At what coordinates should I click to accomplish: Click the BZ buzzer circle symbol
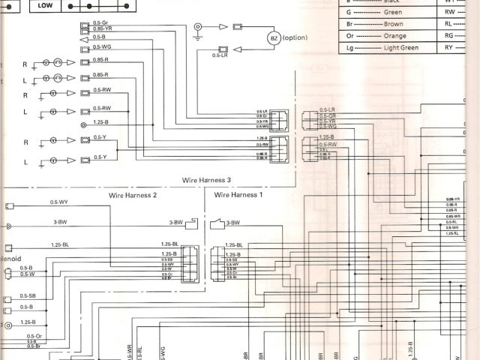click(272, 38)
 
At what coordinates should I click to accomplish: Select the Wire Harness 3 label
click(207, 180)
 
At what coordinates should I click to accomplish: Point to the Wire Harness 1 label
click(238, 194)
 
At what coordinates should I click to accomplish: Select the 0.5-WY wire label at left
click(59, 202)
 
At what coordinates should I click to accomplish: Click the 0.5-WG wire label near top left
click(102, 46)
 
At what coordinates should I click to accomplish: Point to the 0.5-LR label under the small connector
click(220, 55)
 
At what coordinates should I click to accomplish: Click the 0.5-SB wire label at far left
click(28, 295)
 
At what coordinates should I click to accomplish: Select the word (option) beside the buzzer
click(295, 37)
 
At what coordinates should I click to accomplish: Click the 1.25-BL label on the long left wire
click(60, 244)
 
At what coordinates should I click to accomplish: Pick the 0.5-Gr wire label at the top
click(100, 23)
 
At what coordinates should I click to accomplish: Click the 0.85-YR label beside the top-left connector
click(103, 29)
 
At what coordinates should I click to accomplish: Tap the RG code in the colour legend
click(448, 34)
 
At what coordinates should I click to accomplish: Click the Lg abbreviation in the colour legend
click(349, 47)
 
